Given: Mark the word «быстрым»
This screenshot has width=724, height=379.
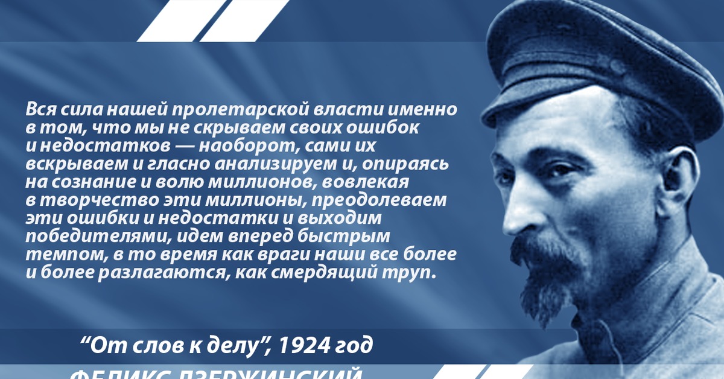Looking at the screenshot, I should (349, 235).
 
